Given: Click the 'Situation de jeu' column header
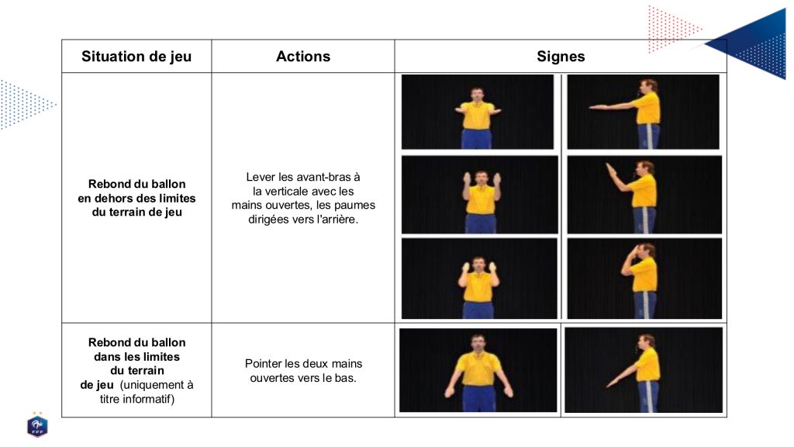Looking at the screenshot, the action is pos(136,56).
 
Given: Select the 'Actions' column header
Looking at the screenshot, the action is pos(303,56).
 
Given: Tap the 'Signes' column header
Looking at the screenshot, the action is pos(561,56).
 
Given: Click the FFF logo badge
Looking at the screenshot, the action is pos(37,425).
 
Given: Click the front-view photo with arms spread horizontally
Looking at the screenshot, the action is pos(477,112).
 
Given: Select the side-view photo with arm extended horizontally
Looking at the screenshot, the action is pos(643,112).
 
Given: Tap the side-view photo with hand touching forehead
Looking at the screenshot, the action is pos(644,279).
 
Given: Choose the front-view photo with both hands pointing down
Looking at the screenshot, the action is pos(478,370).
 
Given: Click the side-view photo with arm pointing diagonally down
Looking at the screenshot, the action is pos(644,370).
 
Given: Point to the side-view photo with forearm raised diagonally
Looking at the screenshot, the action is pos(644,195).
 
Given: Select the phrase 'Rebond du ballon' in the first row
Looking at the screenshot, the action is pos(136,184).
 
